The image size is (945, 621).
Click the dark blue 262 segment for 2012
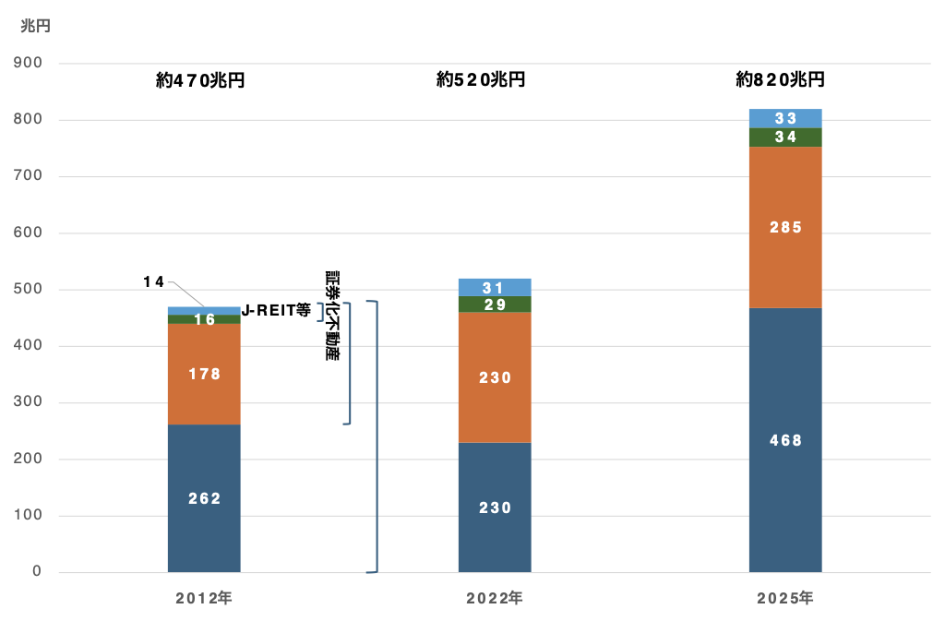[204, 498]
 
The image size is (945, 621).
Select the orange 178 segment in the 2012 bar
[204, 374]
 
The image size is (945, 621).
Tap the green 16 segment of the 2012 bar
[204, 319]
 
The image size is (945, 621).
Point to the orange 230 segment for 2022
[495, 377]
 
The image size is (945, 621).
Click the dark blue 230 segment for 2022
[495, 508]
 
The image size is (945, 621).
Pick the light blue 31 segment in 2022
[495, 287]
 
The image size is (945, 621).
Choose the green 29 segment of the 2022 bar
[495, 305]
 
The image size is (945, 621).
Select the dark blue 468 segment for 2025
[785, 440]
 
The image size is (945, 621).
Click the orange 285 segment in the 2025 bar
[785, 227]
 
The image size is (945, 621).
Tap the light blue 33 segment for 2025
[785, 119]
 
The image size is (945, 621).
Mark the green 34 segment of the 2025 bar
[785, 137]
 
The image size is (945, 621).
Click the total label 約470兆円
[200, 80]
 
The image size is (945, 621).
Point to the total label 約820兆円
[780, 79]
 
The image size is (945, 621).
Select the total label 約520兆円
[480, 79]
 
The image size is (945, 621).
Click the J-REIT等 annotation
[276, 310]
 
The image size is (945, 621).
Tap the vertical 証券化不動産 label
[332, 315]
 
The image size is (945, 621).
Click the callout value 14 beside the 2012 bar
[154, 281]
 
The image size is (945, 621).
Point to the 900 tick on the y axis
[28, 63]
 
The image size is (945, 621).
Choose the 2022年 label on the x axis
[495, 598]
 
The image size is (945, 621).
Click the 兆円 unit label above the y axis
[36, 26]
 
